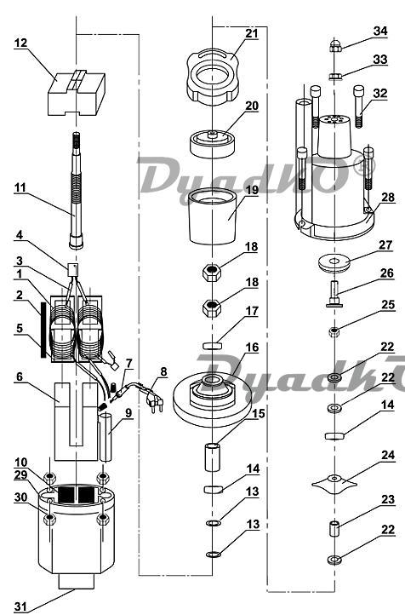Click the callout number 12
(x=20, y=43)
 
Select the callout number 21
(x=252, y=33)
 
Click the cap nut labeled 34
(x=335, y=45)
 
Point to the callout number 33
(x=380, y=60)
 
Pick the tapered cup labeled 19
(x=213, y=216)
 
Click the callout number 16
(x=252, y=348)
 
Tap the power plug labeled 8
(x=154, y=399)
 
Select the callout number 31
(x=20, y=606)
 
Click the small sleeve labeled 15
(x=212, y=457)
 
